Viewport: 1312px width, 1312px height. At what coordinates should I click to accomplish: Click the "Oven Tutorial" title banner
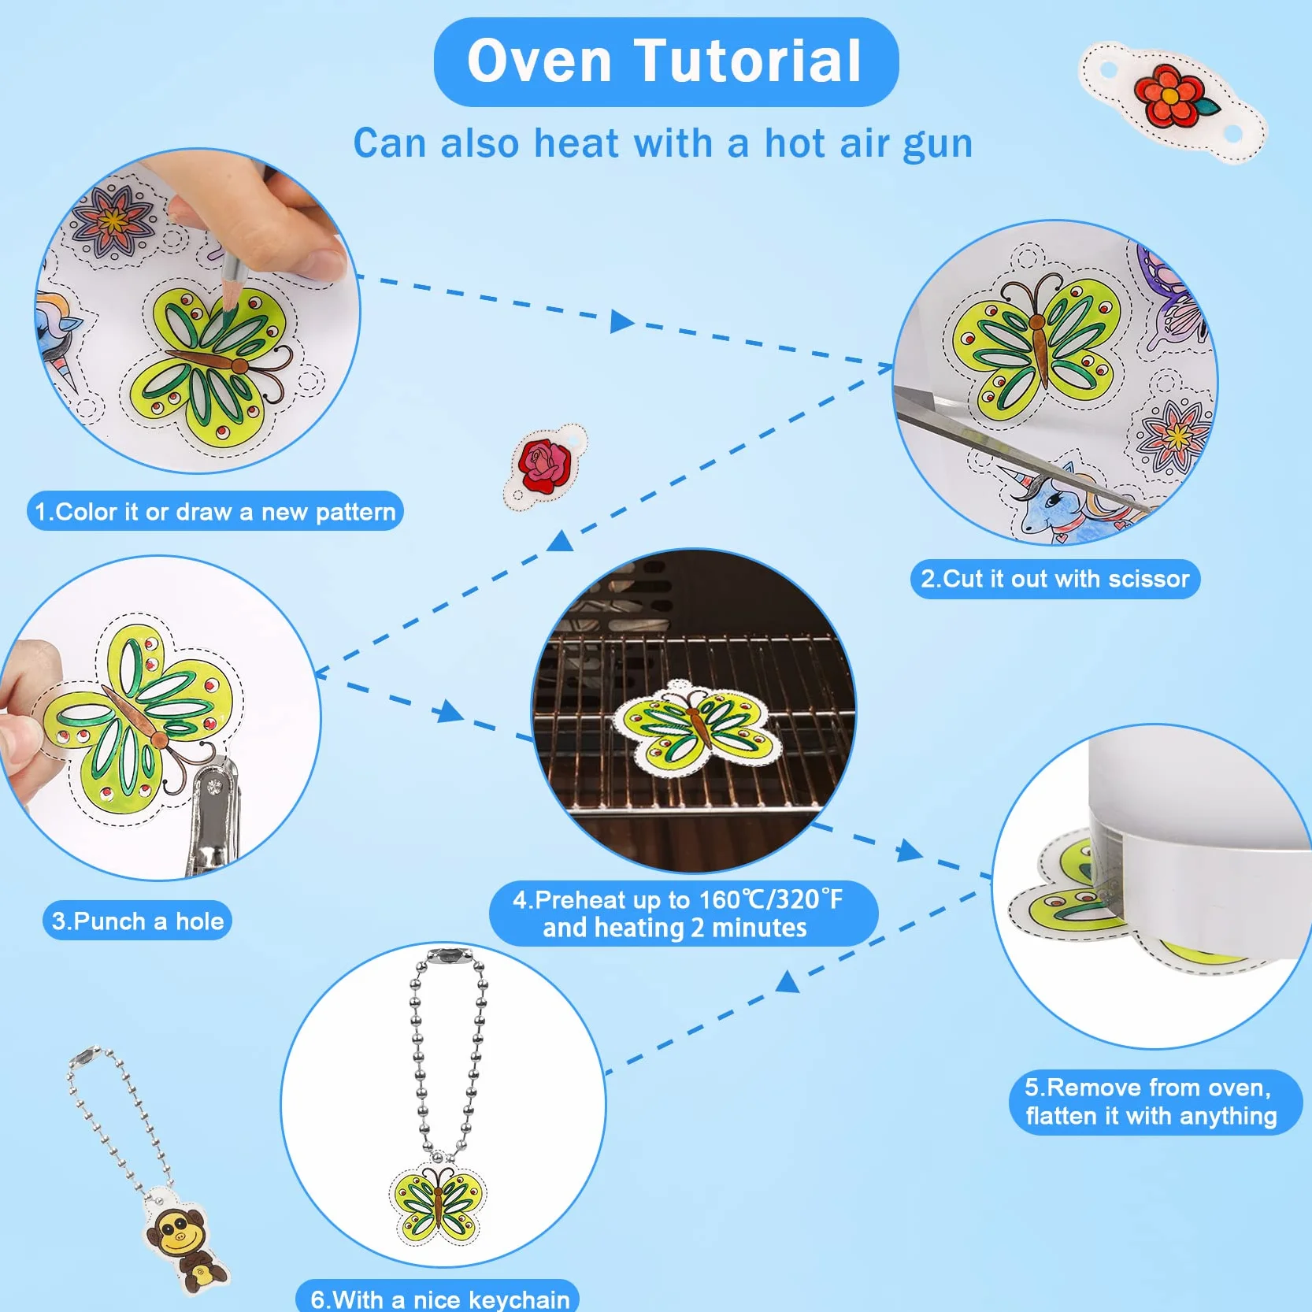pyautogui.click(x=665, y=61)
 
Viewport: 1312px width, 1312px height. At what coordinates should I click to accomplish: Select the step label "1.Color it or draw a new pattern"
pyautogui.click(x=215, y=512)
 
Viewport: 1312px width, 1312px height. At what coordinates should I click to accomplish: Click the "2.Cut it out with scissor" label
pyautogui.click(x=1055, y=580)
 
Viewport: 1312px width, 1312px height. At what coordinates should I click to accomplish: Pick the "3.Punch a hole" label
pyautogui.click(x=137, y=921)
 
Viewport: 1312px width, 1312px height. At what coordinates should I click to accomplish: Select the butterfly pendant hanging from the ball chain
pyautogui.click(x=439, y=1203)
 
